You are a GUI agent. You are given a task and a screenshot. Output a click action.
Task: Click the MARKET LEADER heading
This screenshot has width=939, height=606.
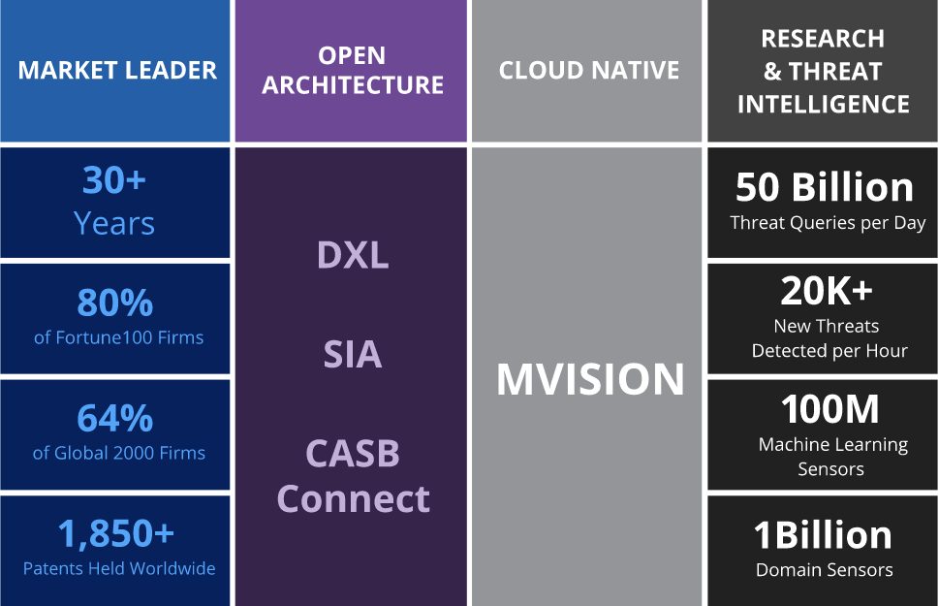coord(117,70)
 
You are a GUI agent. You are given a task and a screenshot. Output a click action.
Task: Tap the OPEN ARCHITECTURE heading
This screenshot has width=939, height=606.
coord(352,70)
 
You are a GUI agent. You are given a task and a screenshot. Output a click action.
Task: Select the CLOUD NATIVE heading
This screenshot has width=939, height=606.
coord(589,70)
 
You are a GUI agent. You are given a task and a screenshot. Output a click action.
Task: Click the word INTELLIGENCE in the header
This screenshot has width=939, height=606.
coord(824,105)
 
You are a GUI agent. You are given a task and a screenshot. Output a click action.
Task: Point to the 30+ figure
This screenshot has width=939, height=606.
coord(113,179)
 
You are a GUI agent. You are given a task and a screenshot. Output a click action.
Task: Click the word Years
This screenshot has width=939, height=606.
coord(114,224)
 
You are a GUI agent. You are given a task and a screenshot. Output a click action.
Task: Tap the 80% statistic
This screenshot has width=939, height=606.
coord(115,303)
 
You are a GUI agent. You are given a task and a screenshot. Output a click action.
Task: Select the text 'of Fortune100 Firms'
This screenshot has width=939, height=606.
coord(118,337)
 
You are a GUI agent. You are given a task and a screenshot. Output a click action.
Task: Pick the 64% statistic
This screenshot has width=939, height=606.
coord(115,418)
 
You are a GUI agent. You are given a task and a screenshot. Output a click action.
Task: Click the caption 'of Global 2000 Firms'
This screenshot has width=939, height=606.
coord(118,453)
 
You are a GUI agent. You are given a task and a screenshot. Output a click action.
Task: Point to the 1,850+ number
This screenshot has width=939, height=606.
coord(116,533)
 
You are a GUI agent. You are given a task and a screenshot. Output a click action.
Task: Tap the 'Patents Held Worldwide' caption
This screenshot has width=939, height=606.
coord(119,568)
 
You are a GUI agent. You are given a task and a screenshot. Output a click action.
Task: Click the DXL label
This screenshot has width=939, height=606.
coord(353,255)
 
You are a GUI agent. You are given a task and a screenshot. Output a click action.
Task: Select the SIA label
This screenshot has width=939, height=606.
coord(353,354)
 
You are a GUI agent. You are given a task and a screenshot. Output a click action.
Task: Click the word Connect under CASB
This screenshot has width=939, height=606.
coord(354,498)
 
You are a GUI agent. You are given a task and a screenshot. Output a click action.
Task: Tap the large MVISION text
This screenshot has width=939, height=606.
coord(590,379)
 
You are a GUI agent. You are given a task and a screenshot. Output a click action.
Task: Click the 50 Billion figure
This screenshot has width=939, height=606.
coord(825,187)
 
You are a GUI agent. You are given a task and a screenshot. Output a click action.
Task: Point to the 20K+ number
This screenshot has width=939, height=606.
coord(827,291)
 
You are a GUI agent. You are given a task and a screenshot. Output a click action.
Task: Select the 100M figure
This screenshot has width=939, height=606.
coord(830,409)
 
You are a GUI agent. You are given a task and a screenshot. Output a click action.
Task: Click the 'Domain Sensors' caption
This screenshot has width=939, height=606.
coord(824,569)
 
